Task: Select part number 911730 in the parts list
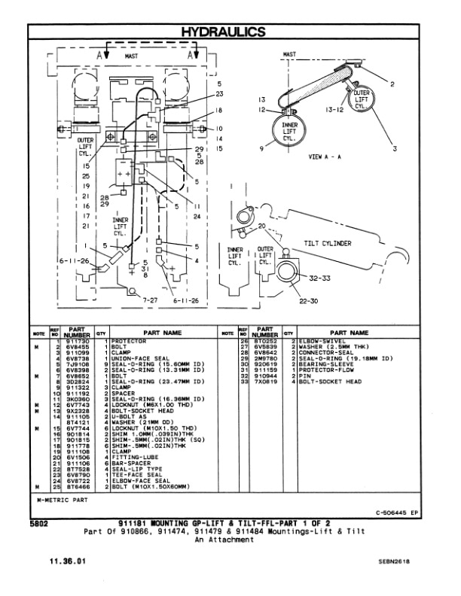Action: (78, 341)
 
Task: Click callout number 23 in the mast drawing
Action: (219, 94)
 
